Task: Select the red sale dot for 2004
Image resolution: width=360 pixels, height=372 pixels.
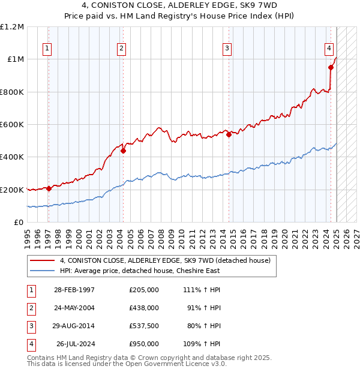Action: tap(123, 151)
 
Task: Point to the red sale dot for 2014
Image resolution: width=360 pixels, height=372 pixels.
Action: tap(229, 135)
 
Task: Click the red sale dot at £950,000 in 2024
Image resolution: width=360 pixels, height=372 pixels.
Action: tap(331, 67)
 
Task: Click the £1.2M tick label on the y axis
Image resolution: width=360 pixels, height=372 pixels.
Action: tap(12, 27)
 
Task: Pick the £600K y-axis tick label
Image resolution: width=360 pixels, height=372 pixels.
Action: tap(12, 125)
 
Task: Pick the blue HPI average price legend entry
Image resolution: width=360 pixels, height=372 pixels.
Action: tap(140, 271)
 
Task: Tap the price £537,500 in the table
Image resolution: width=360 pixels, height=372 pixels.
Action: tap(144, 326)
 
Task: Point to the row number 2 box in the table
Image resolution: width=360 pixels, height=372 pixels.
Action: tap(31, 308)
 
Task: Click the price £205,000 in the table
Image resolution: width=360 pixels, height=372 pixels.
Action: tap(144, 290)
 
